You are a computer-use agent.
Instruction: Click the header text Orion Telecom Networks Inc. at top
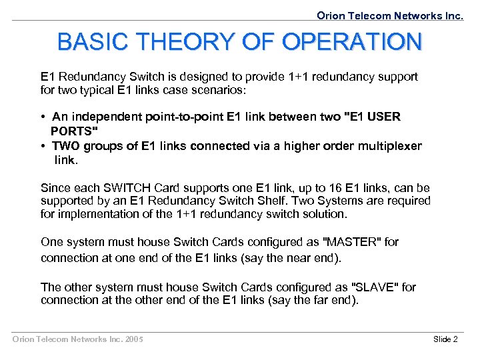coord(390,15)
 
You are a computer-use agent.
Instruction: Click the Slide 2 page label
coord(445,339)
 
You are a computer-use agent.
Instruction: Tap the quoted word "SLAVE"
coord(376,287)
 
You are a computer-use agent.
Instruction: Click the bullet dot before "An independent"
coord(43,117)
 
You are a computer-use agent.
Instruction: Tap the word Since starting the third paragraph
coord(55,188)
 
